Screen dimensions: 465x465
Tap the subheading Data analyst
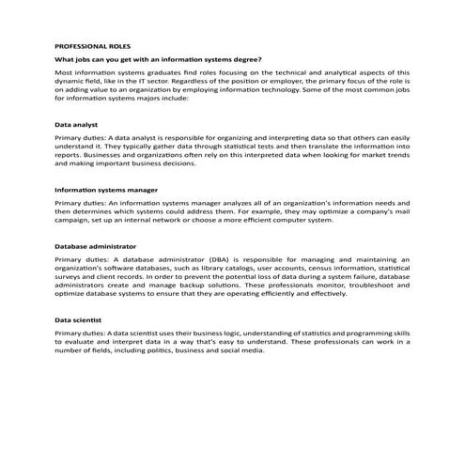77,123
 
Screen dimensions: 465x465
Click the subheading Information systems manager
106,189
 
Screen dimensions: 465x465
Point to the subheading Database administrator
97,245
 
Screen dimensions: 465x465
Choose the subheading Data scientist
78,319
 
